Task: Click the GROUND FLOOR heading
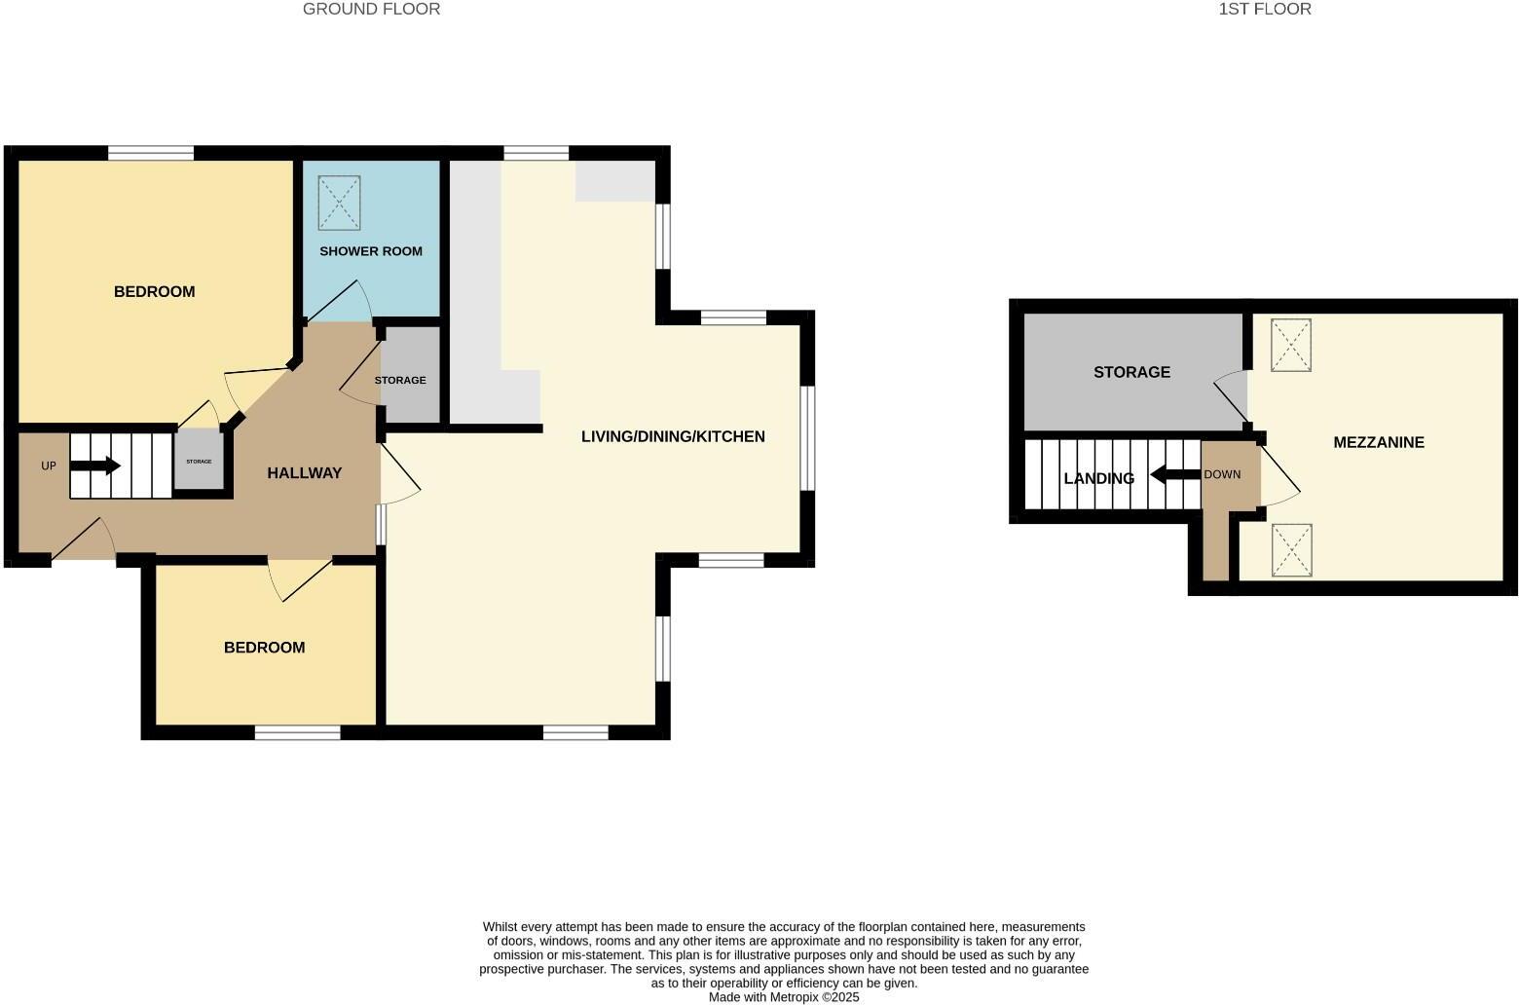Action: [371, 9]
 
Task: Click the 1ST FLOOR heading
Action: [1264, 9]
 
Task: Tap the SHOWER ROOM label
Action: [371, 251]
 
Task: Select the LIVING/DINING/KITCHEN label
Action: [673, 436]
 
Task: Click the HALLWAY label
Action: [305, 473]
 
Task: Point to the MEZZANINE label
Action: [1378, 442]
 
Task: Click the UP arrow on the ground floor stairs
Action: [95, 466]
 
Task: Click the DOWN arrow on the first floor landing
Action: [1173, 475]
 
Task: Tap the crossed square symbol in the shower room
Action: [339, 203]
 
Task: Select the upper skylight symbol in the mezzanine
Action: [1291, 345]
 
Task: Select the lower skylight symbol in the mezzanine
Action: [1291, 550]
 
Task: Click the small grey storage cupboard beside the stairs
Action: [199, 462]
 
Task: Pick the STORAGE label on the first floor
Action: [1131, 372]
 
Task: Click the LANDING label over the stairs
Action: [1098, 478]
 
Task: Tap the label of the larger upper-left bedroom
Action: [154, 292]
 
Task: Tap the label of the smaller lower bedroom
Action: [264, 648]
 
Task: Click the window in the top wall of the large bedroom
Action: [150, 153]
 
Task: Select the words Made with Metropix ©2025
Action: [784, 997]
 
